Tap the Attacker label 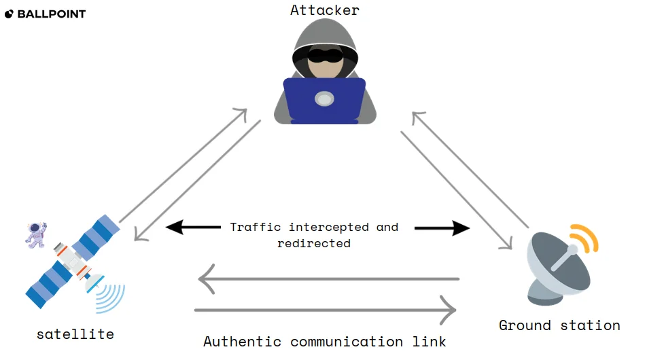click(324, 10)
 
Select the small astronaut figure click(36, 234)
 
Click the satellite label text click(75, 334)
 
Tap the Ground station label click(559, 325)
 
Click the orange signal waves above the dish click(586, 238)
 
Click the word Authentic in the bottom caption click(243, 341)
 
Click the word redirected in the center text click(313, 242)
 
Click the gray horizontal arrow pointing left click(326, 278)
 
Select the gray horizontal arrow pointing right click(326, 310)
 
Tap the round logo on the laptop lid click(325, 100)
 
